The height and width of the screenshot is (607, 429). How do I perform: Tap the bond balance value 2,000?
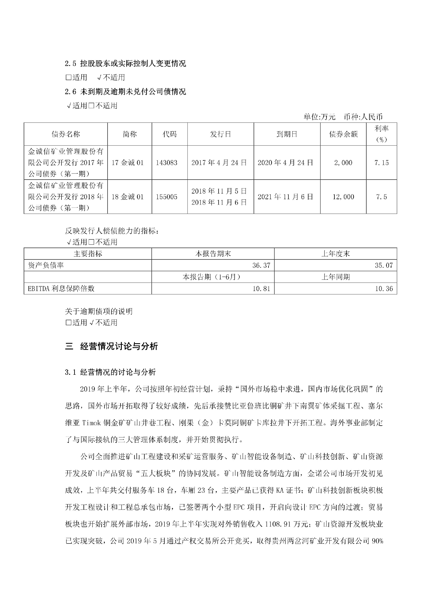(343, 163)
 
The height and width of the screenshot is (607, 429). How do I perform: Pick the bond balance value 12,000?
(343, 197)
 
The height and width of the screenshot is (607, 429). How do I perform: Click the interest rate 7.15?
(381, 163)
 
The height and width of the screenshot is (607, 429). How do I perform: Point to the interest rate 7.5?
(381, 197)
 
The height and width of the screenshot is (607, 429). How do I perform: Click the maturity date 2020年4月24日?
(286, 163)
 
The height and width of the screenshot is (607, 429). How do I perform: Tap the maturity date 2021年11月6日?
(286, 197)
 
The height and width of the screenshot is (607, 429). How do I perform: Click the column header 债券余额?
(343, 134)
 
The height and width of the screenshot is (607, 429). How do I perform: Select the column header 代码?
(170, 134)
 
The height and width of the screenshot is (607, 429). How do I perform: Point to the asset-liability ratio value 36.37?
(261, 265)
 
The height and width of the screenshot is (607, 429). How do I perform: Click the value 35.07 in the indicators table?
(384, 265)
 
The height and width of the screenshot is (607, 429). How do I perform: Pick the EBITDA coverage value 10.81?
(261, 288)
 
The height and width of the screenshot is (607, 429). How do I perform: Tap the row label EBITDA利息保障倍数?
(61, 288)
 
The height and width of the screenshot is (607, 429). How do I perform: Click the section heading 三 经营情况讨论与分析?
(111, 346)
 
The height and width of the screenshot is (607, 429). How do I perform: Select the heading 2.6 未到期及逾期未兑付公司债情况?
(126, 91)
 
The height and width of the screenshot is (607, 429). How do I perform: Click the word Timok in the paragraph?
(91, 423)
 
